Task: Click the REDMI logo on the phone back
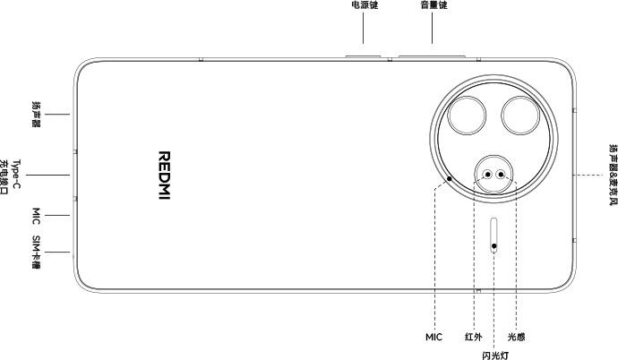point(165,176)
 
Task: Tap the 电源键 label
point(365,5)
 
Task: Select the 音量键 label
point(433,5)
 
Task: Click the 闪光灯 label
point(495,356)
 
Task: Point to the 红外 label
point(474,337)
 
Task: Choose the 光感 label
point(516,337)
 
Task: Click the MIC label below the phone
point(433,337)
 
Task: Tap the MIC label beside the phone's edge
point(36,216)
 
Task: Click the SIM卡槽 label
point(36,252)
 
